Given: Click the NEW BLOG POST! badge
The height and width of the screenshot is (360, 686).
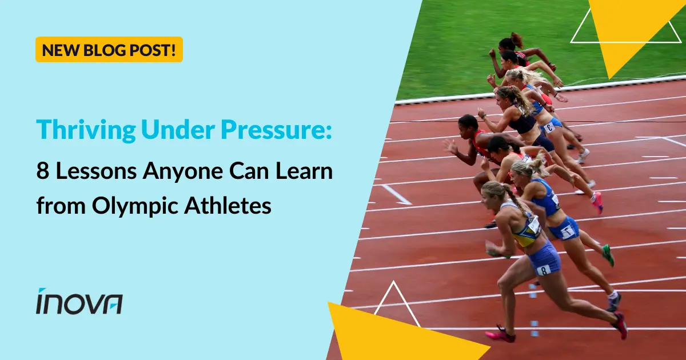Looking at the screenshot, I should point(109,50).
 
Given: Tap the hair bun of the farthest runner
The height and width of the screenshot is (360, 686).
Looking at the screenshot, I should point(517,39).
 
